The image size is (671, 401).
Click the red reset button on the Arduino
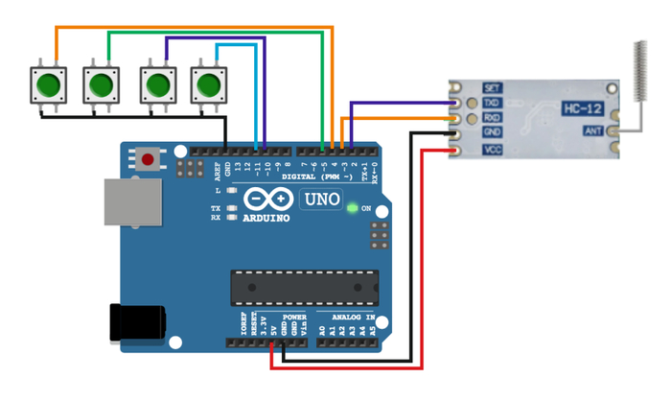pyautogui.click(x=148, y=157)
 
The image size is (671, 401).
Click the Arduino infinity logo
pyautogui.click(x=268, y=199)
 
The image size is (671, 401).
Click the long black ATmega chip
pyautogui.click(x=303, y=286)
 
